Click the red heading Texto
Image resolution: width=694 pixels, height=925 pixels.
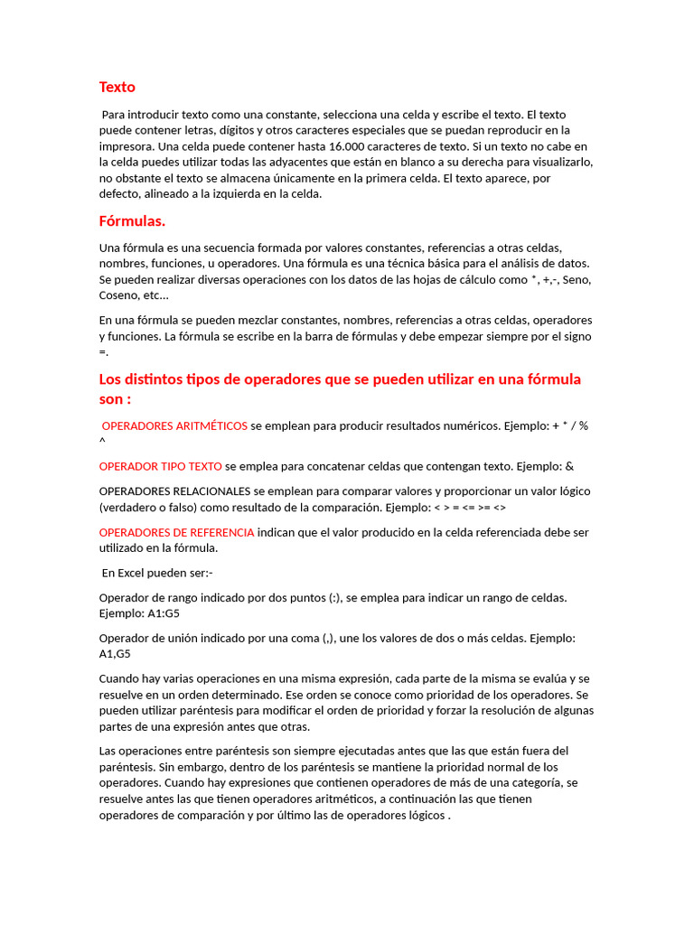tap(117, 88)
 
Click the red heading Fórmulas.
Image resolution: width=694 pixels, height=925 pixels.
tap(132, 221)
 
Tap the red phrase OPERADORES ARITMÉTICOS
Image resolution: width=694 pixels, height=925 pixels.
tap(174, 425)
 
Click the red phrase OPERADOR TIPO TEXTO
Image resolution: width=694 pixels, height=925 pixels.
tap(160, 466)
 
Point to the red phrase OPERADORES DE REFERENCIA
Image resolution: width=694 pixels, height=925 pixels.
tap(176, 532)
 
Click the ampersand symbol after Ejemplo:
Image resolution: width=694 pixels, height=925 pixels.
tap(569, 466)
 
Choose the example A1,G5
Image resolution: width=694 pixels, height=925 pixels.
tap(115, 654)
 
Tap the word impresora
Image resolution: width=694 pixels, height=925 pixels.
tap(127, 146)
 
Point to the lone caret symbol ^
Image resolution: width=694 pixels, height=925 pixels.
tap(102, 440)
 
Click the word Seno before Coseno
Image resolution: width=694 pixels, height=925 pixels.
tap(577, 280)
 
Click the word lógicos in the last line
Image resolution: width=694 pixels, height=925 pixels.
tap(422, 815)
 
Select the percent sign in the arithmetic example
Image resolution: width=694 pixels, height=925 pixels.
tap(584, 425)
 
